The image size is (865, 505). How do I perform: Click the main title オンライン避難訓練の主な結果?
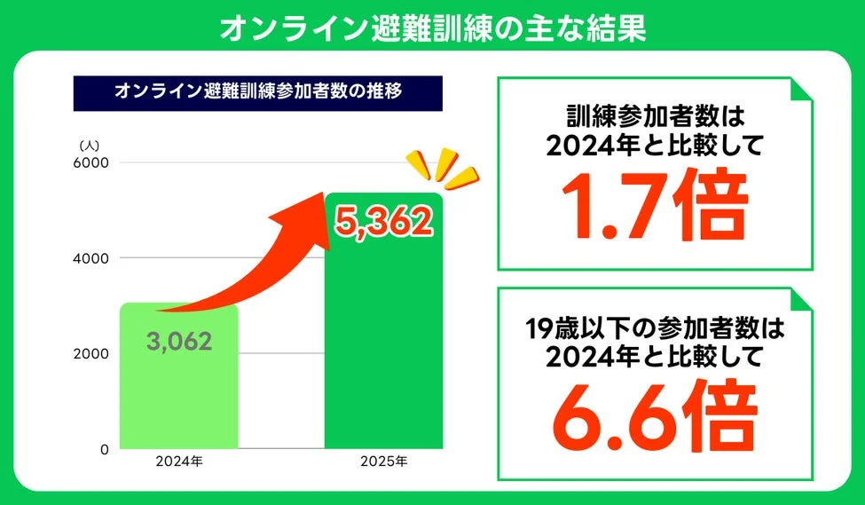432,26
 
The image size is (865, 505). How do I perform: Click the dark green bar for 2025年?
383,355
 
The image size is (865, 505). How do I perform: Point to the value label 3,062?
179,341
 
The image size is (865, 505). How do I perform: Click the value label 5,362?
383,223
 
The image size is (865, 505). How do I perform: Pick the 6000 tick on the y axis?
90,162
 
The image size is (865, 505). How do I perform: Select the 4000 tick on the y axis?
90,258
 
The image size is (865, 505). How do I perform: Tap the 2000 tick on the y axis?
90,353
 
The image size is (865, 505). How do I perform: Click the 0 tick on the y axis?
103,449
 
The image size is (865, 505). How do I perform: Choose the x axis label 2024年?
179,462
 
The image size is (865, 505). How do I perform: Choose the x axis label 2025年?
383,462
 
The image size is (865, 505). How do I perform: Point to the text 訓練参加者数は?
655,116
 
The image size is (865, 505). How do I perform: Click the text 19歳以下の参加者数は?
655,330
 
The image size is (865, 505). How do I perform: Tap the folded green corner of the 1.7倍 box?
801,89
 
